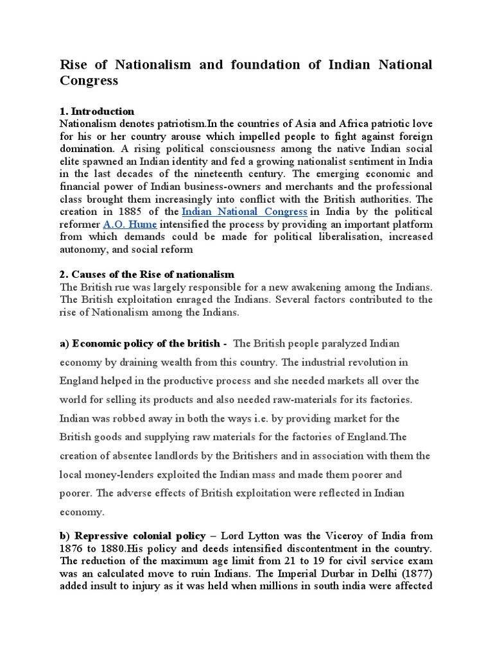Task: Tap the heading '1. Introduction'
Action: (x=97, y=111)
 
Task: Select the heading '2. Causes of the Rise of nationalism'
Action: (x=147, y=274)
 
